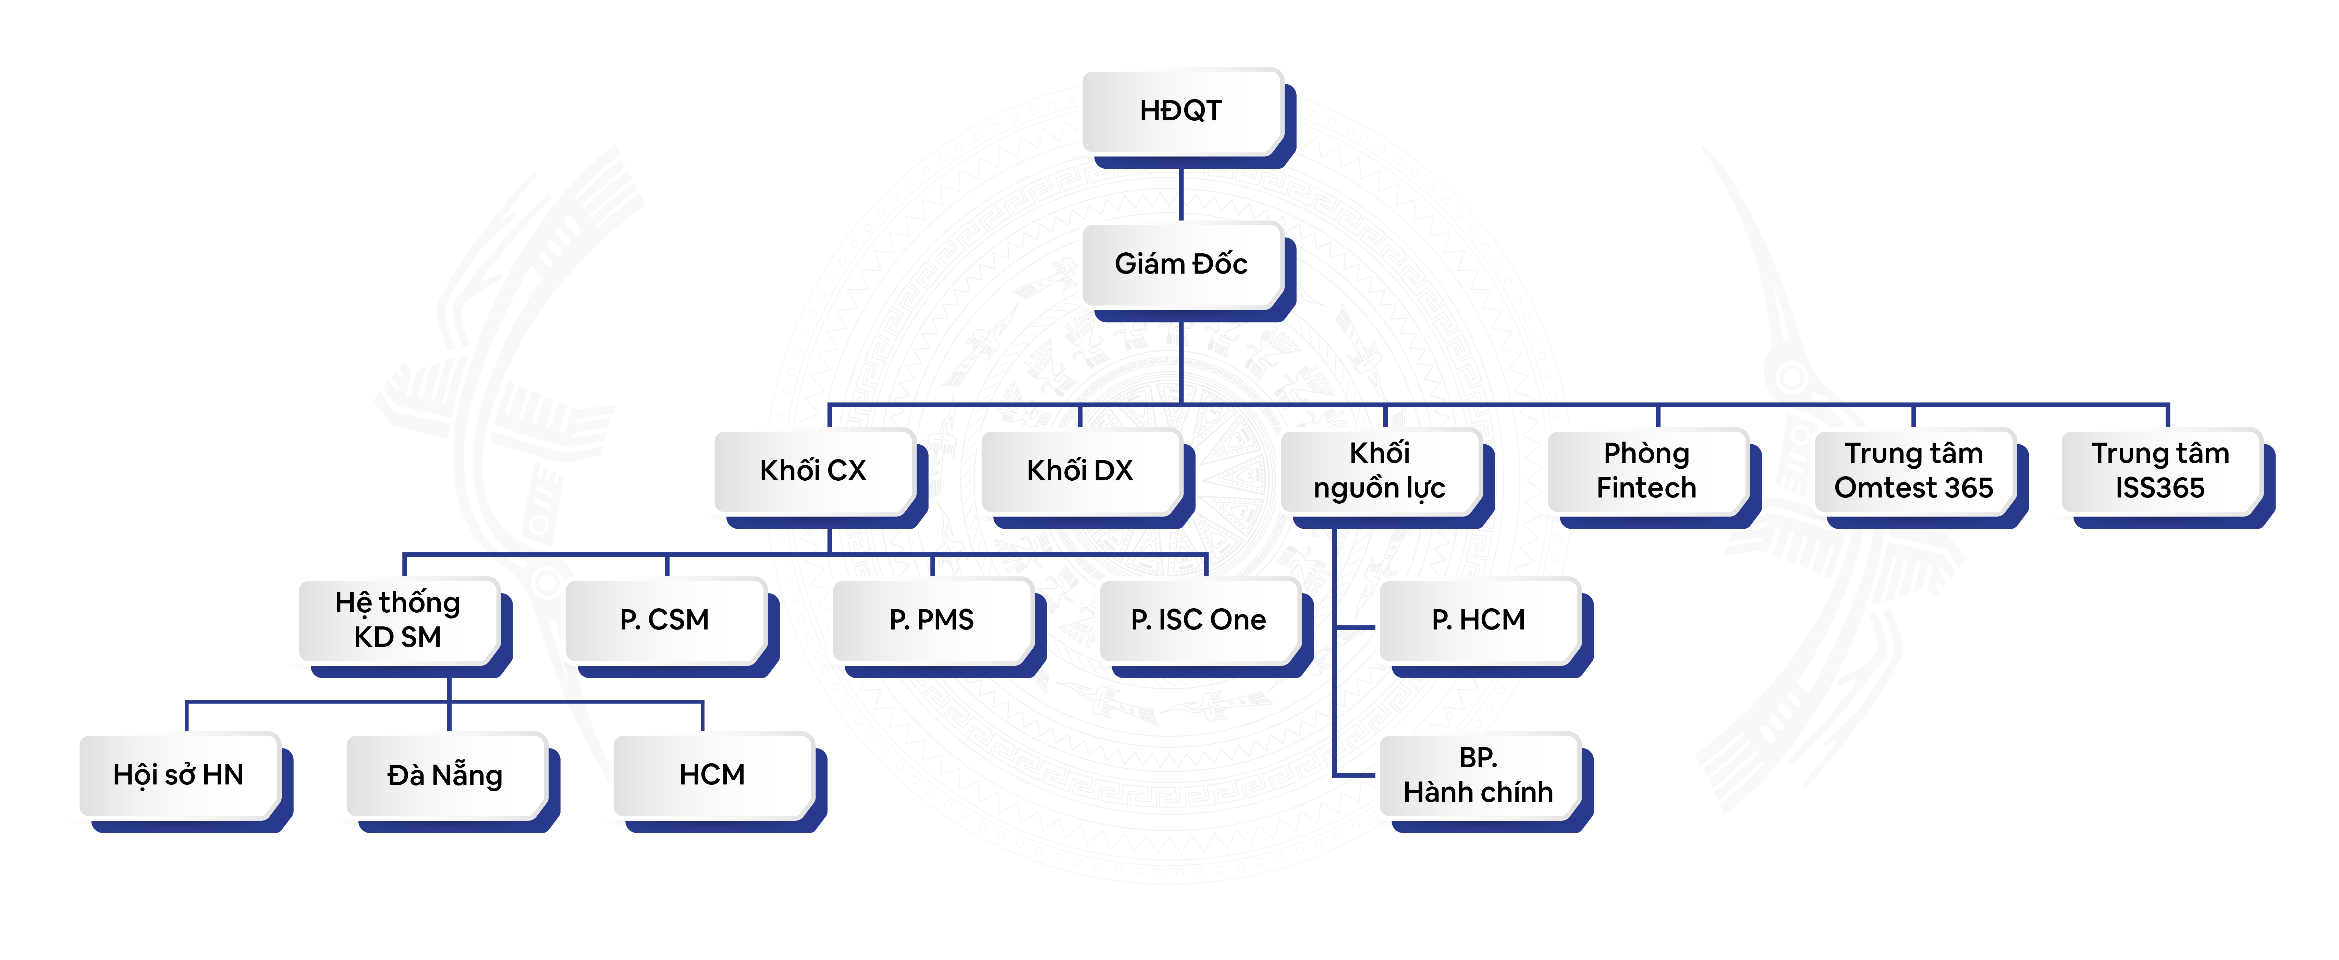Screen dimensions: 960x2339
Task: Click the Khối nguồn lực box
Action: (1379, 470)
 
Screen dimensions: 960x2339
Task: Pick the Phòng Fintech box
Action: (1646, 470)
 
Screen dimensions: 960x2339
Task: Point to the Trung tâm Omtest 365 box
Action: (1913, 470)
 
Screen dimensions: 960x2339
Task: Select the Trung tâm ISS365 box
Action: (2160, 470)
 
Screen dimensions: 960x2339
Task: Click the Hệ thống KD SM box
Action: (398, 620)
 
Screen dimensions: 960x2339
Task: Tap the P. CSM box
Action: (665, 620)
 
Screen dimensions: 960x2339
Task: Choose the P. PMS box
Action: (932, 620)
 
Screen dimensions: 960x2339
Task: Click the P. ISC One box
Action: (1199, 620)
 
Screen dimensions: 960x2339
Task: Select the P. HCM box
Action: (1478, 620)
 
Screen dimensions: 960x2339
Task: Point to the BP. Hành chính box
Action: (1478, 775)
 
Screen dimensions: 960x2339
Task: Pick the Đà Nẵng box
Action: (445, 775)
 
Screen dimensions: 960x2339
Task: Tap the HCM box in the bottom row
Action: (712, 775)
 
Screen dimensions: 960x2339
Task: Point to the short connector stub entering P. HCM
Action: (1358, 627)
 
